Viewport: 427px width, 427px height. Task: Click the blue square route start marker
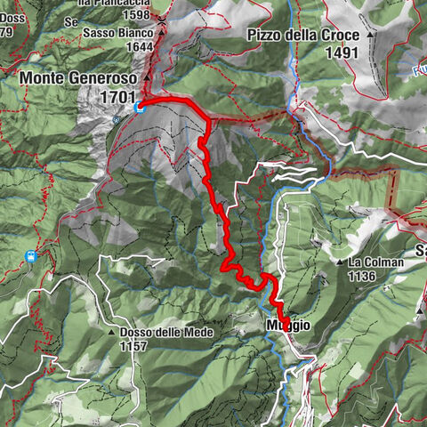point(140,108)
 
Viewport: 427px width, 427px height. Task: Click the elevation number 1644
point(141,47)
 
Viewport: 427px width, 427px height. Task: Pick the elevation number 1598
point(139,15)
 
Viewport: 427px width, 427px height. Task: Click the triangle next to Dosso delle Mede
point(113,333)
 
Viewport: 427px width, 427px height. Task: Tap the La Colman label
point(376,263)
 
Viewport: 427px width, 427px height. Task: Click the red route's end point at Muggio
point(285,322)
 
